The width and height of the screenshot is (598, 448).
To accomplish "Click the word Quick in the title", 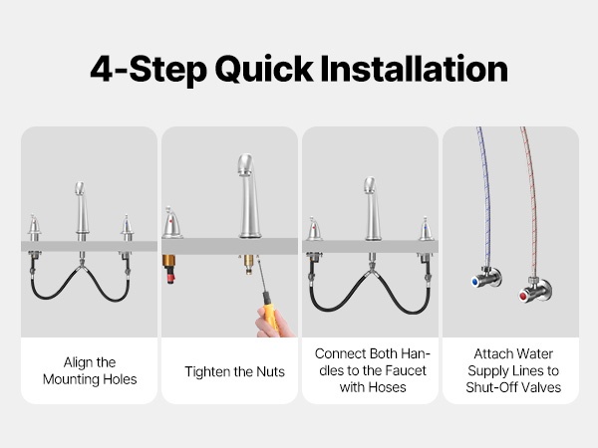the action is click(264, 70).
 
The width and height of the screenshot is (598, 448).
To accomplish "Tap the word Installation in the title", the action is click(415, 69).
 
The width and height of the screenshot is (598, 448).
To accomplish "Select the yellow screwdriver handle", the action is click(270, 312).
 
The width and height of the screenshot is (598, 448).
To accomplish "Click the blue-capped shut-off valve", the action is click(486, 278).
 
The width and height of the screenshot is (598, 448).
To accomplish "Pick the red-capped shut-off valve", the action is click(534, 290).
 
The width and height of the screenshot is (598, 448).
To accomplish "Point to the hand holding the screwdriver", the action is click(273, 324).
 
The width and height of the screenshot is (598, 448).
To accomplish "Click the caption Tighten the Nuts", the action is click(234, 371).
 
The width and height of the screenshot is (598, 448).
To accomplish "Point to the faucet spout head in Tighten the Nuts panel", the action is click(246, 164).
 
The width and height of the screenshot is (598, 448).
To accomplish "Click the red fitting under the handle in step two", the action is click(170, 275).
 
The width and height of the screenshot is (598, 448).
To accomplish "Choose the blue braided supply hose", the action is click(484, 198).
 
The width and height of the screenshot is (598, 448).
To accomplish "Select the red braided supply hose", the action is click(531, 202).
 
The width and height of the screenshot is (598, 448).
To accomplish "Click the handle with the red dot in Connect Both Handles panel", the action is click(314, 230).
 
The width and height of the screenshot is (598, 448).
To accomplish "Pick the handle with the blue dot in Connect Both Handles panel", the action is click(426, 229).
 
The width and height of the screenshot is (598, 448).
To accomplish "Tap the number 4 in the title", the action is click(102, 69).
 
